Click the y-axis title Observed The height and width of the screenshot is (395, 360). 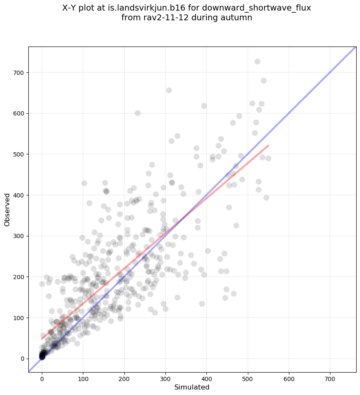click(x=7, y=209)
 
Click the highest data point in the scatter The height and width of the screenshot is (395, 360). click(x=257, y=62)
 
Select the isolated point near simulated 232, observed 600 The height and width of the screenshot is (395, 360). click(x=137, y=113)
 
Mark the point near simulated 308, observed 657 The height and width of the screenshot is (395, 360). click(x=169, y=90)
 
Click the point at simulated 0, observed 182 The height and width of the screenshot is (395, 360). click(x=42, y=284)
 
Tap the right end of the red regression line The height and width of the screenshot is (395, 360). click(x=269, y=146)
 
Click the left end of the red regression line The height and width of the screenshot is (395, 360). click(x=42, y=339)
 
